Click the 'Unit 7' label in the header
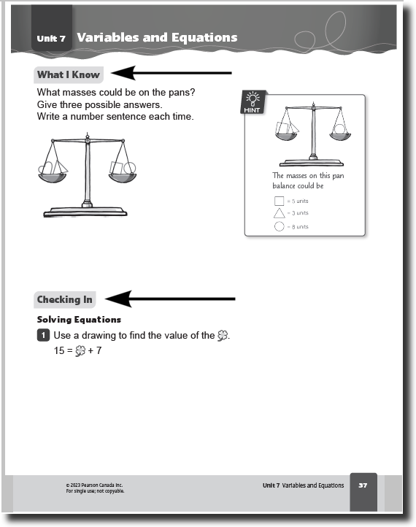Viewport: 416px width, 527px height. [x=51, y=38]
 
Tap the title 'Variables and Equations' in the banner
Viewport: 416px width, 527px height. [x=157, y=37]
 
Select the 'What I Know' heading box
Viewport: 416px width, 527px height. [x=69, y=74]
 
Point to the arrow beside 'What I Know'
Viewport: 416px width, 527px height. [x=172, y=73]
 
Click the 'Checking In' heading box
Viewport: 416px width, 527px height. [x=64, y=299]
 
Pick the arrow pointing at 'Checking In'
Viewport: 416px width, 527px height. [x=170, y=299]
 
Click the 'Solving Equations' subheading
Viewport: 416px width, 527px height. [x=79, y=319]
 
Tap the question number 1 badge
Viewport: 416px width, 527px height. [x=43, y=335]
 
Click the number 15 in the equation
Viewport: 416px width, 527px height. [x=59, y=350]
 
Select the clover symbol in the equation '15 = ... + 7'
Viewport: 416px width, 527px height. [x=80, y=351]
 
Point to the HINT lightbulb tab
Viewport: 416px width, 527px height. [x=253, y=102]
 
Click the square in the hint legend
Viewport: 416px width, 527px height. [x=280, y=201]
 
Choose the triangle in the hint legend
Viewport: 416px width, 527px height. [x=280, y=213]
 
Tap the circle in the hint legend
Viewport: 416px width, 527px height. [x=280, y=226]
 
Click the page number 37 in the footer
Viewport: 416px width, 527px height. [x=363, y=485]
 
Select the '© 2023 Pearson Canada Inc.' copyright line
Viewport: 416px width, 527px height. [x=94, y=485]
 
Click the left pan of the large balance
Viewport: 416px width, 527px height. [x=52, y=178]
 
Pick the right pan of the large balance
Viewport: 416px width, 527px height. [x=123, y=178]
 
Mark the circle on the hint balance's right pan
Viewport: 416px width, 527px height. [x=339, y=129]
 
